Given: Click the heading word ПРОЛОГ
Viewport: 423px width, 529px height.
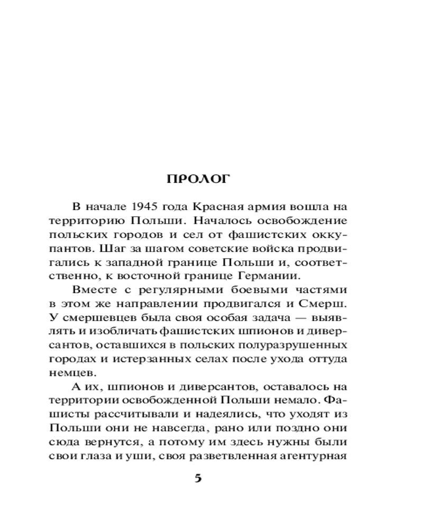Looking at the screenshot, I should tap(198, 179).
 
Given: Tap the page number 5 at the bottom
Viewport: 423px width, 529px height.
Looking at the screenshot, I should tap(198, 478).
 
